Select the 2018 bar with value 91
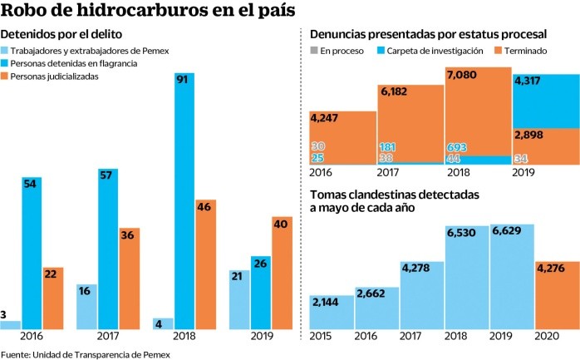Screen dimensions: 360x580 pos(184,200)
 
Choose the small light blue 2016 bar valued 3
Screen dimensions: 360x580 pos(11,324)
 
